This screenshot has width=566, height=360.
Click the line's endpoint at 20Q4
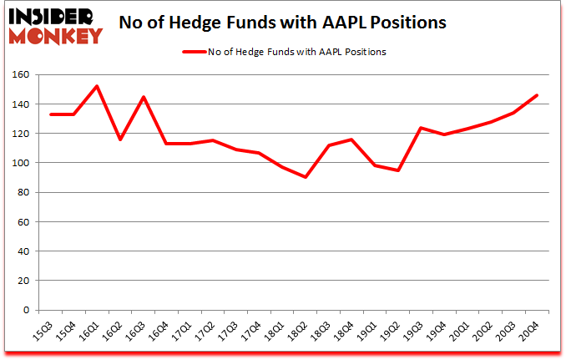pyautogui.click(x=537, y=95)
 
